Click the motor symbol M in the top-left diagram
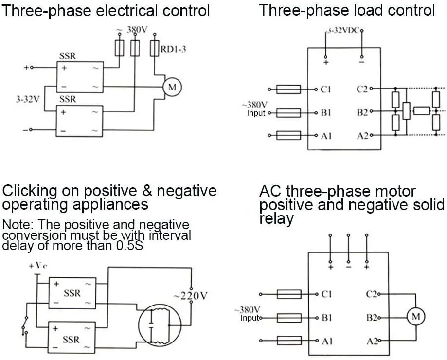pos(171,87)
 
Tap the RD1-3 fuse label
pos(174,49)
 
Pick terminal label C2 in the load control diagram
pos(362,89)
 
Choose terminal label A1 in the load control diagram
pos(326,136)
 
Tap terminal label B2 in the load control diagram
pos(362,112)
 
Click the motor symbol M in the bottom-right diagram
pos(415,317)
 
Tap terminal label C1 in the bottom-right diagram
pos(327,294)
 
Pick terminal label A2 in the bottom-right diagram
pos(372,341)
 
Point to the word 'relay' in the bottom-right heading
pos(277,219)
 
